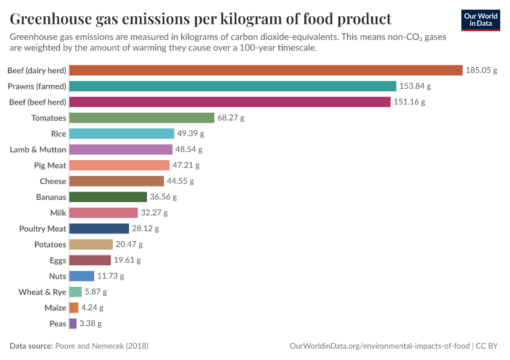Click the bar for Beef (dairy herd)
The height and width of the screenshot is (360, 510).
pyautogui.click(x=266, y=70)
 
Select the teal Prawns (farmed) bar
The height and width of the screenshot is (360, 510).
pyautogui.click(x=233, y=86)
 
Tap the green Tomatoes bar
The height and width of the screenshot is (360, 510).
pyautogui.click(x=142, y=118)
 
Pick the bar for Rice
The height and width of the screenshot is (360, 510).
pyautogui.click(x=122, y=133)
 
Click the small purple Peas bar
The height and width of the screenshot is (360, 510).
pyautogui.click(x=73, y=323)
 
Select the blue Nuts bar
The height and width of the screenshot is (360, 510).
pyautogui.click(x=82, y=276)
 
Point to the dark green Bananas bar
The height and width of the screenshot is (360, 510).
pyautogui.click(x=108, y=197)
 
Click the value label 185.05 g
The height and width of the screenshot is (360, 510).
pyautogui.click(x=482, y=70)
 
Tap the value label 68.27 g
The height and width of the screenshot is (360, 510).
pyautogui.click(x=231, y=118)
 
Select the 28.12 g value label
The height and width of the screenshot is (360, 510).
pyautogui.click(x=146, y=229)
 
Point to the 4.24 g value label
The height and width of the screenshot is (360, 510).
pyautogui.click(x=92, y=308)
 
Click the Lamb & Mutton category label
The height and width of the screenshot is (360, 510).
pyautogui.click(x=38, y=149)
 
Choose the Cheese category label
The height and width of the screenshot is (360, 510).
pyautogui.click(x=53, y=181)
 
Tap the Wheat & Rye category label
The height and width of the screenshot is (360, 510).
pyautogui.click(x=43, y=292)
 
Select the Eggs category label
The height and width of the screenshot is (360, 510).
pyautogui.click(x=58, y=260)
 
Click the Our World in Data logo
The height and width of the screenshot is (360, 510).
pyautogui.click(x=481, y=20)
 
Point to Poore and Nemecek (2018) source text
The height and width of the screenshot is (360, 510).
pyautogui.click(x=101, y=346)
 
